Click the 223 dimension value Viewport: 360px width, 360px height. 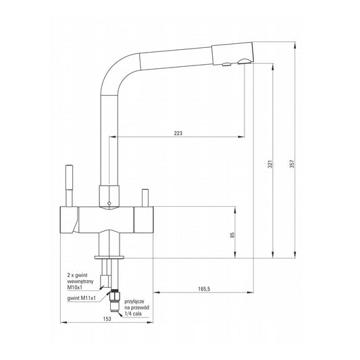tap(178, 133)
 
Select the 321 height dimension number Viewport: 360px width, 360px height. tap(270, 164)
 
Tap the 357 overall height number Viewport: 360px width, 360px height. tap(292, 164)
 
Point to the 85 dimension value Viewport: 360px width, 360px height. tap(232, 235)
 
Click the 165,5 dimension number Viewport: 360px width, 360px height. tap(204, 289)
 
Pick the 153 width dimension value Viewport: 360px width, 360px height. tap(107, 319)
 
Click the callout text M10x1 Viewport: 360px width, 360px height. tap(75, 287)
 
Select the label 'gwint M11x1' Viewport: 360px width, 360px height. tap(82, 299)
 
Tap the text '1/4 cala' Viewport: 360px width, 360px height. tap(133, 313)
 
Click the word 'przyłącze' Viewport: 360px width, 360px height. tap(134, 302)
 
